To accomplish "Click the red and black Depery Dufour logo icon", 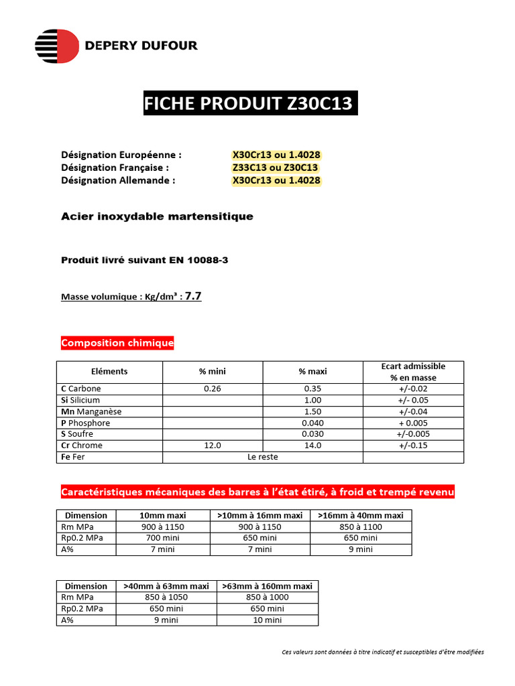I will click(x=56, y=46).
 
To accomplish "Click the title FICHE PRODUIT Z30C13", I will click(x=250, y=104).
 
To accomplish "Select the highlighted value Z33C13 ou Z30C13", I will click(x=275, y=167).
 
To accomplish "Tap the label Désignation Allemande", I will click(x=118, y=180).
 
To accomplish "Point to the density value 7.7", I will click(x=192, y=295).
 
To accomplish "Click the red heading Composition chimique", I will click(x=117, y=343).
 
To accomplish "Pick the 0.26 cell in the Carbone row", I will click(x=212, y=389).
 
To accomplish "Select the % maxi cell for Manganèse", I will click(x=312, y=411).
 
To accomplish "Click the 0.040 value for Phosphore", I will click(x=312, y=423).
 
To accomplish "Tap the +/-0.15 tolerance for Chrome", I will click(x=413, y=445).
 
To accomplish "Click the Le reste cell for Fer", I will click(x=262, y=457).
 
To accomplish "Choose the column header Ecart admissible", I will click(x=413, y=366).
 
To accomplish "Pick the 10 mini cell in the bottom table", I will click(x=266, y=620).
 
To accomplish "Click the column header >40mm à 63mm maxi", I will click(x=166, y=586).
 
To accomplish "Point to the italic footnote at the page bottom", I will click(x=382, y=652).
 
